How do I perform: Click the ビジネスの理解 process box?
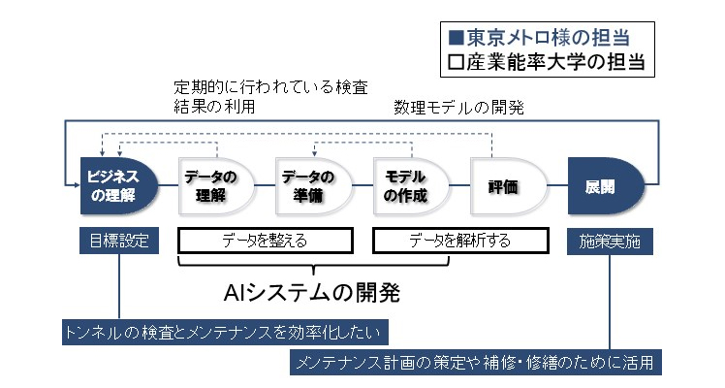119,186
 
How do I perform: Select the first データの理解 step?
216,186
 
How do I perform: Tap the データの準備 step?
313,186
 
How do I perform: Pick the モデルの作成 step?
411,186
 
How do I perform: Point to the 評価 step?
509,186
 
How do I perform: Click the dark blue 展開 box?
606,186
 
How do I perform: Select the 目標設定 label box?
119,241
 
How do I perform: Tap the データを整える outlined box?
266,241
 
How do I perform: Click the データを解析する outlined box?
460,241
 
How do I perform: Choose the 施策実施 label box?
610,242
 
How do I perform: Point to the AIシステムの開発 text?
312,292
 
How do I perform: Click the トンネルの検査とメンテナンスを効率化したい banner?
225,332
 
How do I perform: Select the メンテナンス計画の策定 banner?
476,362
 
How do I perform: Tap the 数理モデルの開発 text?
458,108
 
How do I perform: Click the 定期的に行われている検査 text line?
271,86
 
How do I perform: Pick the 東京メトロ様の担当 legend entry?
540,38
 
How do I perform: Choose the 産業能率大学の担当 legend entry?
547,62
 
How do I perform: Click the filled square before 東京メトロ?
456,38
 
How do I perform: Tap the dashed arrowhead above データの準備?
314,154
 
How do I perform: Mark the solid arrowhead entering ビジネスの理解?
77,185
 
